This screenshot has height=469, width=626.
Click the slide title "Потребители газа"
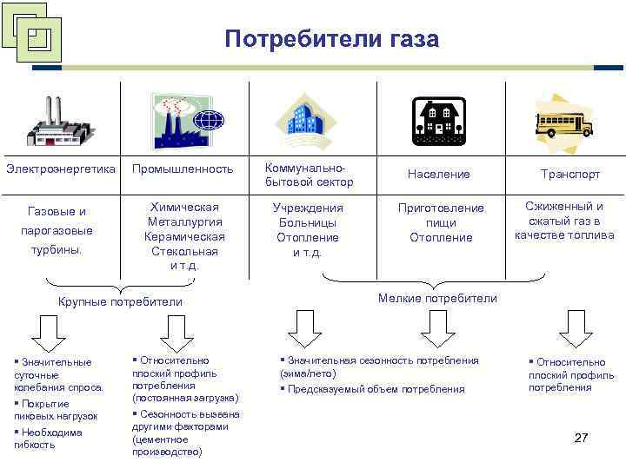(x=331, y=39)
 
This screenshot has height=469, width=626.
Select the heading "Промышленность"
(x=183, y=168)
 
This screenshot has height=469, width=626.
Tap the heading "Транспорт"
(x=570, y=174)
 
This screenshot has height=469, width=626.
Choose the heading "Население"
(x=439, y=174)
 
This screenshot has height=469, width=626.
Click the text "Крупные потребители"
(x=120, y=301)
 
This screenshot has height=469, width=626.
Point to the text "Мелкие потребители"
(x=438, y=298)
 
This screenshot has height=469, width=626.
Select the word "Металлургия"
(x=183, y=221)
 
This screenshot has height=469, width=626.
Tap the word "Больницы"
(x=308, y=222)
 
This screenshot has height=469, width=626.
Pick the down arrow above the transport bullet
(x=575, y=327)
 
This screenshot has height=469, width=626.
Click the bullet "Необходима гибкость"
(x=48, y=438)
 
